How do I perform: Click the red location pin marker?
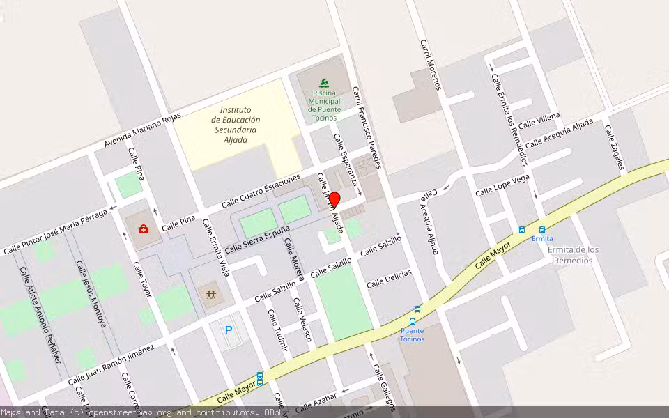[334, 201]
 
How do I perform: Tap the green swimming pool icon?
[324, 83]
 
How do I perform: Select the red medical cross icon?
[143, 229]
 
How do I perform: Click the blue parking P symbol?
[228, 330]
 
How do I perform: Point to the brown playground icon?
[210, 294]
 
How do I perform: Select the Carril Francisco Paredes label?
[367, 127]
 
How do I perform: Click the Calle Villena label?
[539, 119]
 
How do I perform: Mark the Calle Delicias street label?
[389, 278]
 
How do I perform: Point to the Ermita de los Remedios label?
[574, 255]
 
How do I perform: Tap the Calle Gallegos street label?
[384, 387]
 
